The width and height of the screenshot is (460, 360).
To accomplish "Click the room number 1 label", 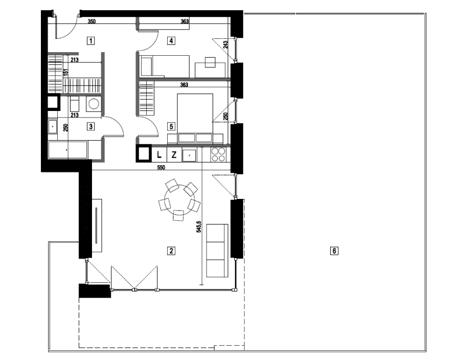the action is click(x=91, y=40).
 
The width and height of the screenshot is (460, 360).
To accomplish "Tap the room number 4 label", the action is click(x=171, y=40).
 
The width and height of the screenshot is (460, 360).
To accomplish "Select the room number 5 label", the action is click(x=171, y=126).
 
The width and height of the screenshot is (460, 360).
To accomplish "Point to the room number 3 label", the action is click(x=91, y=126).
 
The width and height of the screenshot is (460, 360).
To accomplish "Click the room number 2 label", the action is click(x=171, y=251).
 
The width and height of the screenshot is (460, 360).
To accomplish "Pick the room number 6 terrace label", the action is click(x=334, y=251).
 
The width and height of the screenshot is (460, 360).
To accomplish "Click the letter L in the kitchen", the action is click(x=159, y=154).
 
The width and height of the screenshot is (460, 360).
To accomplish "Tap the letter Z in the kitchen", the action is click(x=174, y=154).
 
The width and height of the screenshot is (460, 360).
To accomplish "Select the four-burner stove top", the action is click(x=218, y=154).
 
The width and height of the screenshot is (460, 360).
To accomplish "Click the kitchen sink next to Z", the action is click(x=189, y=154).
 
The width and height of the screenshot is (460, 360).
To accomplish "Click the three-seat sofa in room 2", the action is click(x=217, y=251).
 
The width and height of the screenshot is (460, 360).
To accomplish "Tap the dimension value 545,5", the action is click(x=199, y=227).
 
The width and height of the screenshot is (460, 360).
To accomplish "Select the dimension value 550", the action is click(x=161, y=168).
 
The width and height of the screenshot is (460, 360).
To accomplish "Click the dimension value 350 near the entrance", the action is click(x=92, y=21).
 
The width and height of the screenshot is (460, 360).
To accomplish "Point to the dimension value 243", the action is click(x=225, y=44).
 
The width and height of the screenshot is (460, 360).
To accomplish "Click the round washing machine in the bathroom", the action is click(x=94, y=104).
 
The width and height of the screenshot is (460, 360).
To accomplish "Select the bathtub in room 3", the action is click(x=68, y=150).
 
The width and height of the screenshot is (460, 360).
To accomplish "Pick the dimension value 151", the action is click(x=66, y=73).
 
